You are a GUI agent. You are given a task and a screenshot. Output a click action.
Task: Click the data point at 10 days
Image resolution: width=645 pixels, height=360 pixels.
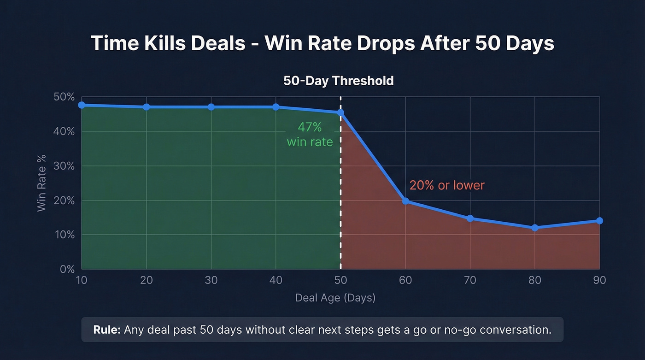click(x=82, y=105)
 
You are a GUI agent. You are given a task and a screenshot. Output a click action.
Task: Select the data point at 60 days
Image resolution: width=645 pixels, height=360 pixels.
click(x=405, y=201)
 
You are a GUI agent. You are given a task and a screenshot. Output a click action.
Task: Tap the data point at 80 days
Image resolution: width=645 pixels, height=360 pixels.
click(x=535, y=228)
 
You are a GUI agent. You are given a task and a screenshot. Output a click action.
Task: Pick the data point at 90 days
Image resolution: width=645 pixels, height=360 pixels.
click(x=599, y=221)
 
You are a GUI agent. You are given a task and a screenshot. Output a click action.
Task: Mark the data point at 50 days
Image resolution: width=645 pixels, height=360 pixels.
click(x=340, y=112)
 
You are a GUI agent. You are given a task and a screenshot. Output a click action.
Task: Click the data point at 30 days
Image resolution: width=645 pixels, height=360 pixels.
click(x=211, y=107)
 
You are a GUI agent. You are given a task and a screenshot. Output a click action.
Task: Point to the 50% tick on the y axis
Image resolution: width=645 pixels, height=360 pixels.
click(x=64, y=97)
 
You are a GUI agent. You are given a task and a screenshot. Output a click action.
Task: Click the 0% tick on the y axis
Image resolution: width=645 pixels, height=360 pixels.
click(x=67, y=269)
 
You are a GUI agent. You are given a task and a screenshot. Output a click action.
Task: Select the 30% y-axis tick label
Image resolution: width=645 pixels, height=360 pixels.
click(x=64, y=166)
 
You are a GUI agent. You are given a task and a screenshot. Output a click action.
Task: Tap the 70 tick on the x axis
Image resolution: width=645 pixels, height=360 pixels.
click(x=470, y=280)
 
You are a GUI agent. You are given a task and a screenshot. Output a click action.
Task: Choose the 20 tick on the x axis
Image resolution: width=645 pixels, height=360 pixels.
click(x=146, y=280)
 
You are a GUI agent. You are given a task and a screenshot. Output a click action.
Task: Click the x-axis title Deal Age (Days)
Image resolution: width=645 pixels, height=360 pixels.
click(x=335, y=298)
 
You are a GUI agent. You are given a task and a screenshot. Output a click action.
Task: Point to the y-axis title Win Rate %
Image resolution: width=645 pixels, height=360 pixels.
click(x=42, y=183)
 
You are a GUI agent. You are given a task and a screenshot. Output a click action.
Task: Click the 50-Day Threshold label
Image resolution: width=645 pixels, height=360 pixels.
click(x=339, y=81)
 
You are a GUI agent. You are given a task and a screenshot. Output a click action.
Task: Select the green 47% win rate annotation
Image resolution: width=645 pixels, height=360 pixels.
click(x=310, y=135)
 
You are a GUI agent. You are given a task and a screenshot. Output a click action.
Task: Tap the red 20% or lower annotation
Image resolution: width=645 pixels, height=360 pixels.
click(x=447, y=185)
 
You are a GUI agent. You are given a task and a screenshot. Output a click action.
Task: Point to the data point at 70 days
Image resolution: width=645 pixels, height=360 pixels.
click(x=470, y=218)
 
